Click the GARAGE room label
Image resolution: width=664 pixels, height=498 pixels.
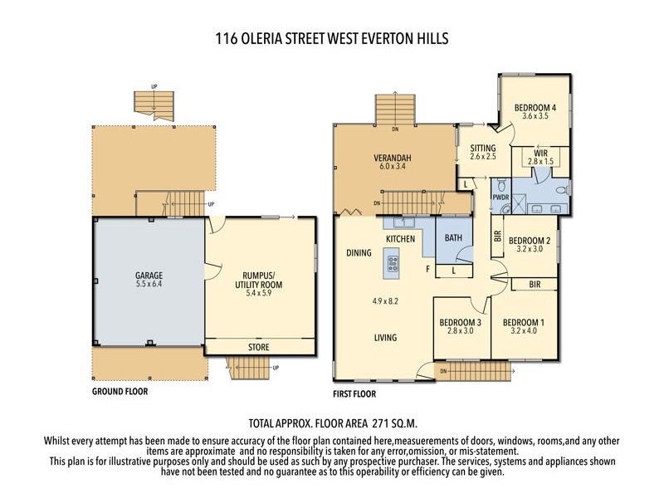[149, 276]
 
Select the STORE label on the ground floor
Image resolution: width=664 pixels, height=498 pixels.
[259, 346]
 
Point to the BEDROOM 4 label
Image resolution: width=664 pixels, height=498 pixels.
[535, 107]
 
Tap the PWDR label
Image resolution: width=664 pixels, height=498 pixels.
[500, 198]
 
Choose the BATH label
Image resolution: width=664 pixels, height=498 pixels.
[453, 238]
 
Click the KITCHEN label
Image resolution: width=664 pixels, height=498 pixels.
[400, 239]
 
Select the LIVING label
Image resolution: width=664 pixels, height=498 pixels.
[384, 338]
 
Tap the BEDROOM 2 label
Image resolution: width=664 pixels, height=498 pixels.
[530, 240]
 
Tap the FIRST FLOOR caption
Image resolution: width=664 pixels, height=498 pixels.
[354, 393]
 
